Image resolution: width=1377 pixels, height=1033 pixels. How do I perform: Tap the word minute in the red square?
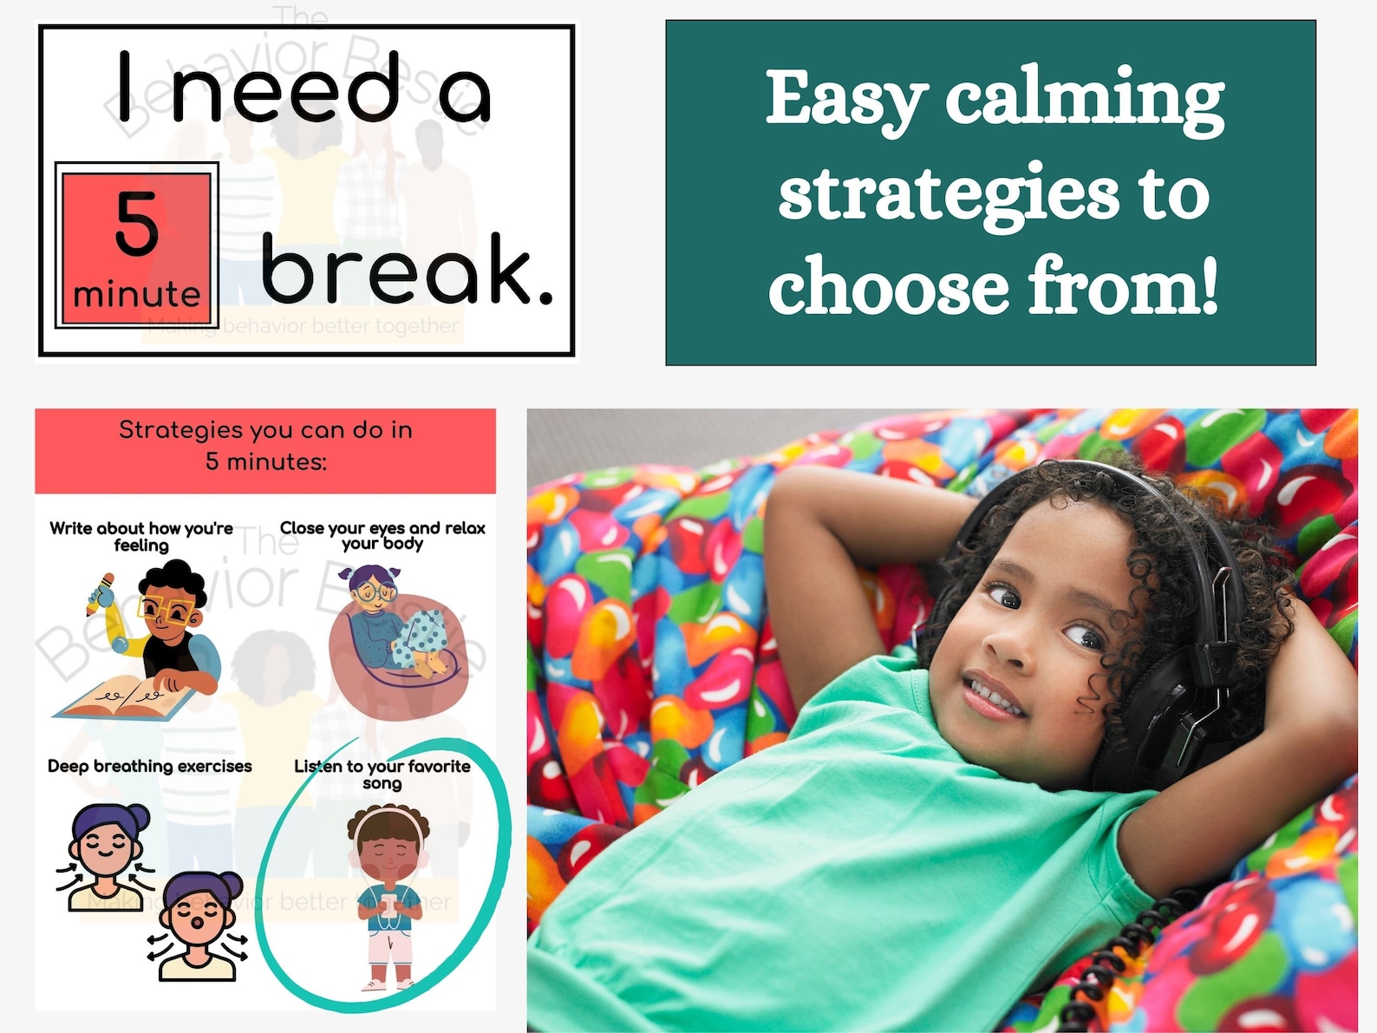(136, 295)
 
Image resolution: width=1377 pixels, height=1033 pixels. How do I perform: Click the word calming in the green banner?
(1084, 100)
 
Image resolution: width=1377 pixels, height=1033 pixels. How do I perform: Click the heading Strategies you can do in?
(265, 430)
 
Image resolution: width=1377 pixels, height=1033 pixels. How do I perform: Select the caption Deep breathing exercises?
(149, 766)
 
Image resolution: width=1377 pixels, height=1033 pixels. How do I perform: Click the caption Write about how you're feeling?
(141, 536)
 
